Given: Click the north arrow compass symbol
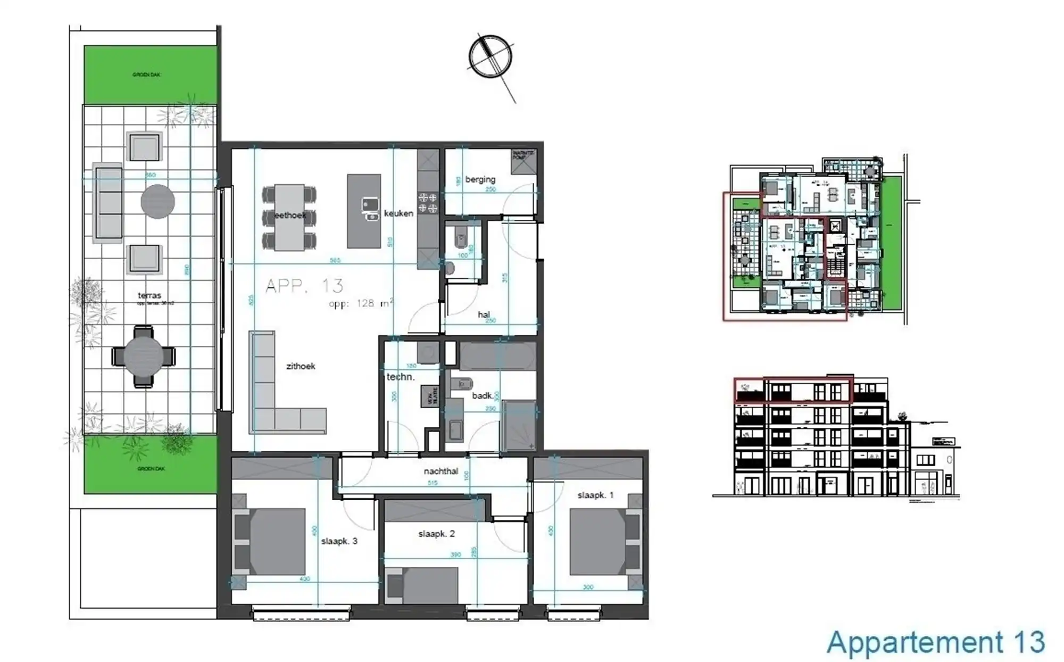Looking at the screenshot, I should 491,57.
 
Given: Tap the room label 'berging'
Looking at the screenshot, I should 480,179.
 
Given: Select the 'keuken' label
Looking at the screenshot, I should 398,213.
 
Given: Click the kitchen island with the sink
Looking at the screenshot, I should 364,211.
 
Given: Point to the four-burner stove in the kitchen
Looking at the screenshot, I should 428,202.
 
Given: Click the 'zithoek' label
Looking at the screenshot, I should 301,366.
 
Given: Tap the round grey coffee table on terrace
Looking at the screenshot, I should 157,202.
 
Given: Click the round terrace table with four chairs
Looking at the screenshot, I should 144,356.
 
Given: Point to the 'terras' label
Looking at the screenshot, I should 149,295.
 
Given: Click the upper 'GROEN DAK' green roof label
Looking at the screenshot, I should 146,75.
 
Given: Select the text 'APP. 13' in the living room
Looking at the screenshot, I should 304,286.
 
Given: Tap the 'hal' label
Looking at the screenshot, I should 483,315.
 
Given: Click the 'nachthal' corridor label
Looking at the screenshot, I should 440,471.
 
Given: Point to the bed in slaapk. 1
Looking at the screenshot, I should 598,542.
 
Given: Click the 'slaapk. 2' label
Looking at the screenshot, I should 436,534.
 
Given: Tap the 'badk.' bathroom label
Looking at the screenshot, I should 483,395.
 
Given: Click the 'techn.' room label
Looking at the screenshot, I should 400,377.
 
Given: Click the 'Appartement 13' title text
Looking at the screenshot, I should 935,642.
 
